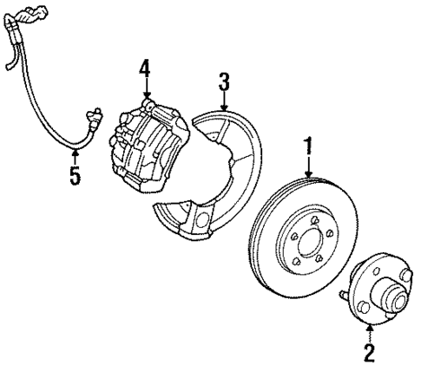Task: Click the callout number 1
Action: tap(306, 147)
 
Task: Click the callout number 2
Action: tap(371, 352)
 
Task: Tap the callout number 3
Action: tap(224, 83)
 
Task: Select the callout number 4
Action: tap(145, 67)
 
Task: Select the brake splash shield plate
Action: tap(217, 173)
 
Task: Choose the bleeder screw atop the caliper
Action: tap(148, 104)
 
